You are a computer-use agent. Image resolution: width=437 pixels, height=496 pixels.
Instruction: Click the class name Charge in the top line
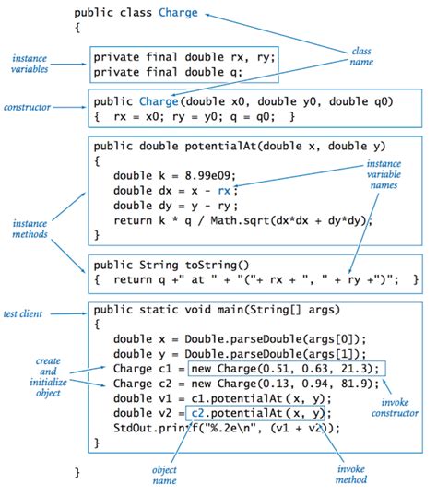click(175, 14)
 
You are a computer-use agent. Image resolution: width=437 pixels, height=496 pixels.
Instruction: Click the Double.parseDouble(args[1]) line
click(240, 354)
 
